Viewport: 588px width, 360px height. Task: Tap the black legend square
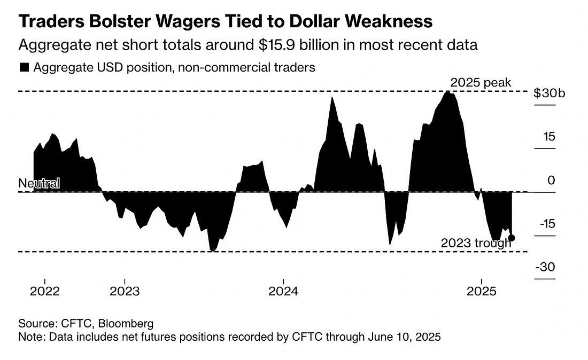[x=24, y=68]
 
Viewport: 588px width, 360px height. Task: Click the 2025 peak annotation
[x=481, y=83]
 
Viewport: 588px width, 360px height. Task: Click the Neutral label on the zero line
[x=39, y=183]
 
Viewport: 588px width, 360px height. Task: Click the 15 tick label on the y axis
[x=550, y=136]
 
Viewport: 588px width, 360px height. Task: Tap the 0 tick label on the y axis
[x=552, y=181]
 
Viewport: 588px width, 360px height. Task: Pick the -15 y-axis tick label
[x=547, y=224]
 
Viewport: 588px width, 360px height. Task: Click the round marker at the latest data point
[x=512, y=238]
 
